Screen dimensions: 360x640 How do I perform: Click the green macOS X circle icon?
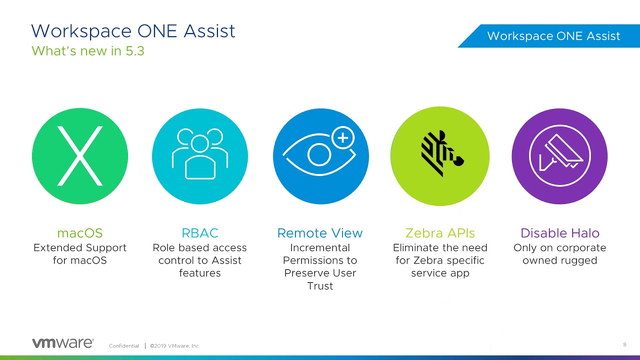click(80, 156)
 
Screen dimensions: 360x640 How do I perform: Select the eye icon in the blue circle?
click(318, 154)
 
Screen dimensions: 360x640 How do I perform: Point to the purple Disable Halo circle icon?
click(559, 156)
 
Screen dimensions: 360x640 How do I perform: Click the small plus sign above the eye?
click(342, 138)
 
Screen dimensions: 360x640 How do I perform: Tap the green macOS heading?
click(80, 233)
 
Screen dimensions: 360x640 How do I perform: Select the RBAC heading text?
click(200, 233)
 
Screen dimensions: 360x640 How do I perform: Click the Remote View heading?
click(320, 233)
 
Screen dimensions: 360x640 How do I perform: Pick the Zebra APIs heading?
click(440, 233)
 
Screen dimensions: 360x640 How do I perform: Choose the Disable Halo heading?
click(559, 233)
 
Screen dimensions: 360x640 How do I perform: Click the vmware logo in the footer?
click(62, 343)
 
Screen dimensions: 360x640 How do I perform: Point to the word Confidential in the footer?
click(124, 346)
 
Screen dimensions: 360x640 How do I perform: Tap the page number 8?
click(624, 344)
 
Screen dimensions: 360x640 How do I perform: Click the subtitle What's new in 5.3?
click(88, 51)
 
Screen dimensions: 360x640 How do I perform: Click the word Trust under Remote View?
click(320, 286)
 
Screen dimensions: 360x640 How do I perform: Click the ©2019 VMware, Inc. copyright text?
click(174, 346)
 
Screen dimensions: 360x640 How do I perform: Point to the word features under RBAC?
click(200, 273)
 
